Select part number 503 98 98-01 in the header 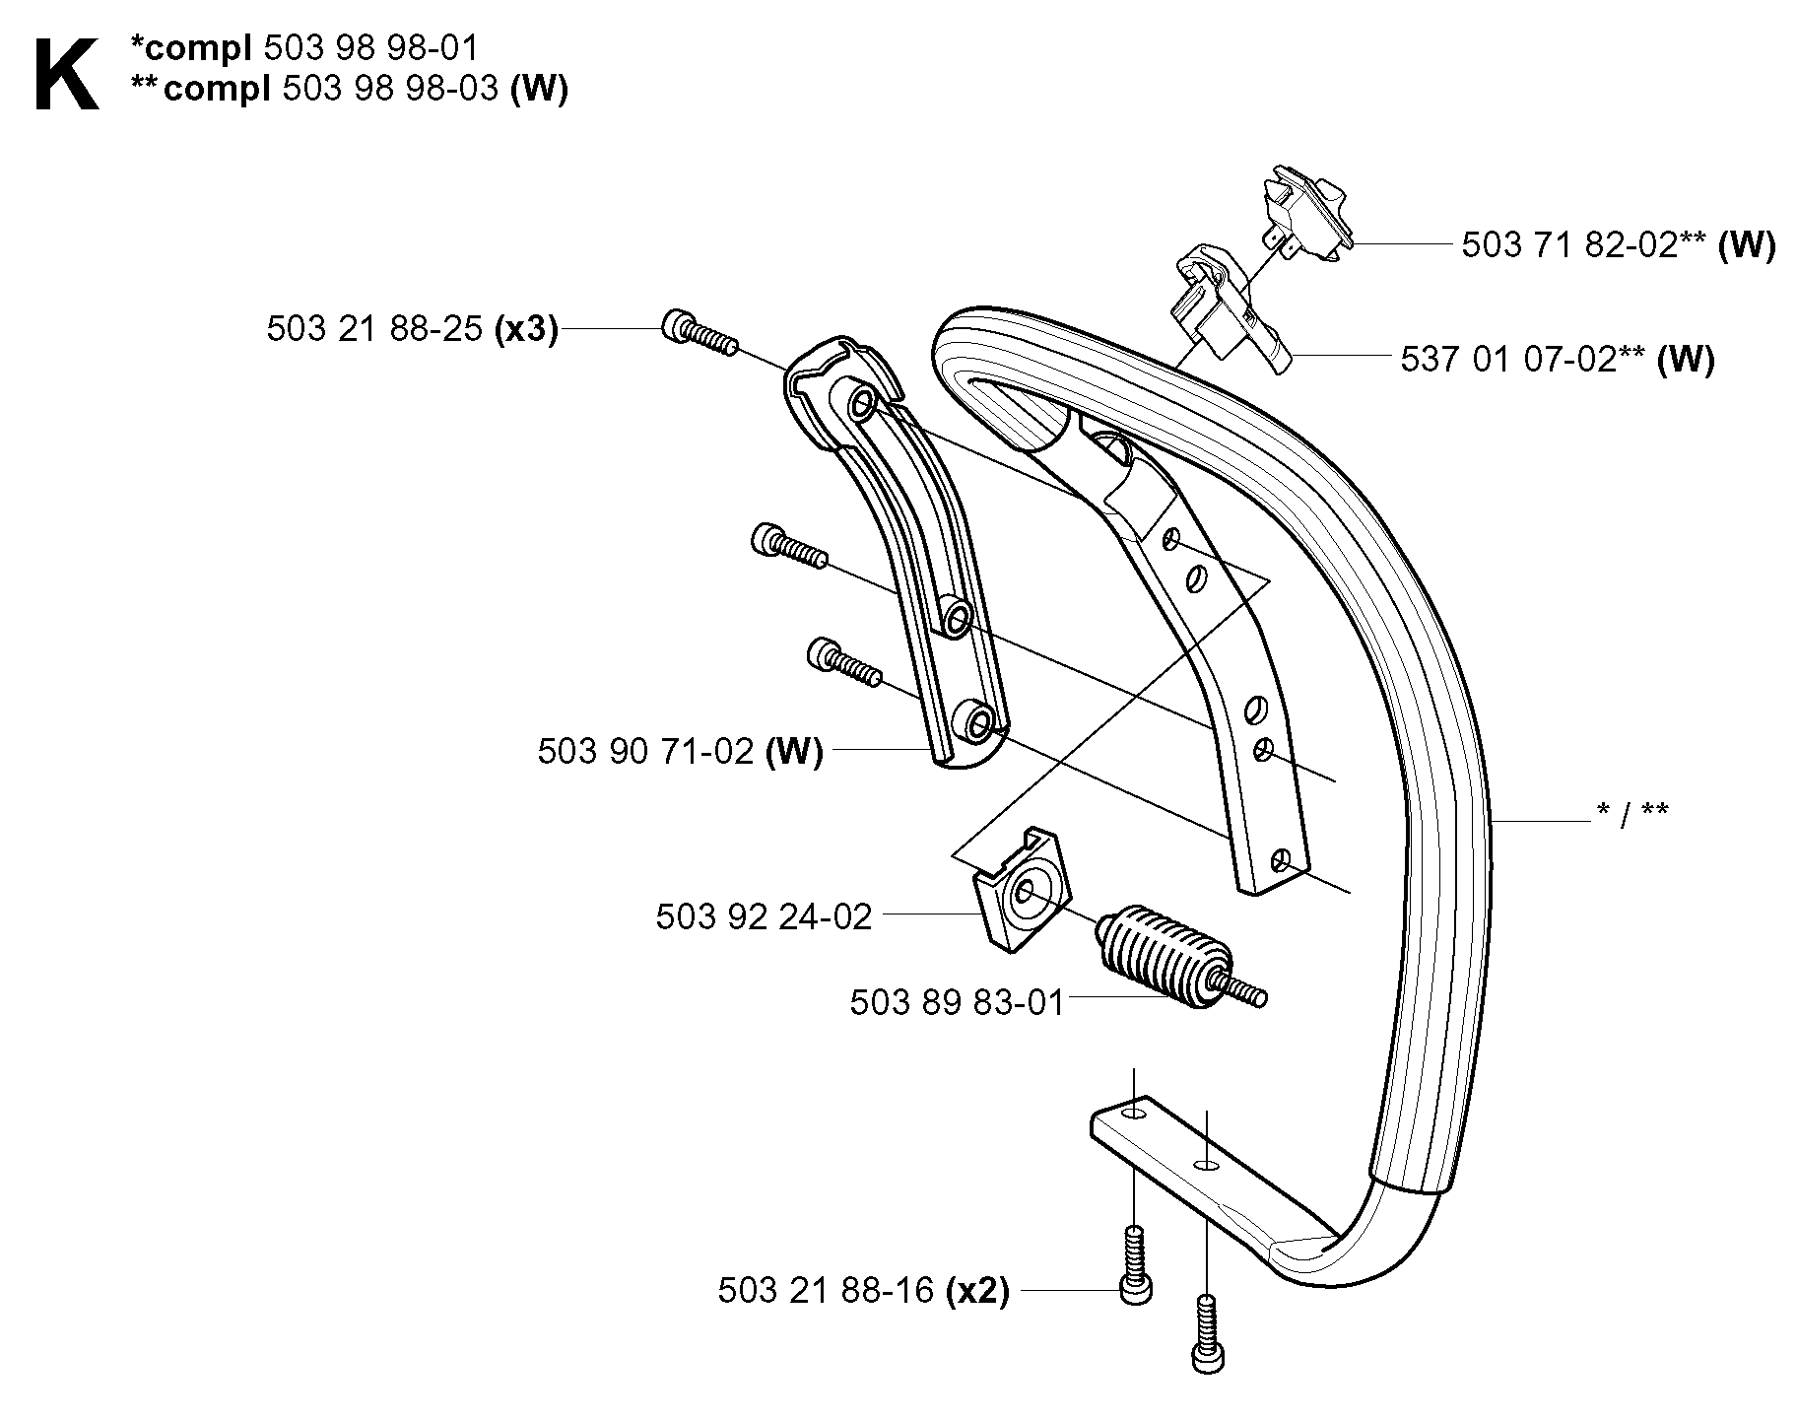pyautogui.click(x=380, y=48)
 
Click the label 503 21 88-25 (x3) pyautogui.click(x=412, y=329)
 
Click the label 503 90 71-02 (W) pyautogui.click(x=680, y=752)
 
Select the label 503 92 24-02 pyautogui.click(x=764, y=917)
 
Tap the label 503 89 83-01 pyautogui.click(x=957, y=1003)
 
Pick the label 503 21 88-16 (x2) pyautogui.click(x=864, y=1291)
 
